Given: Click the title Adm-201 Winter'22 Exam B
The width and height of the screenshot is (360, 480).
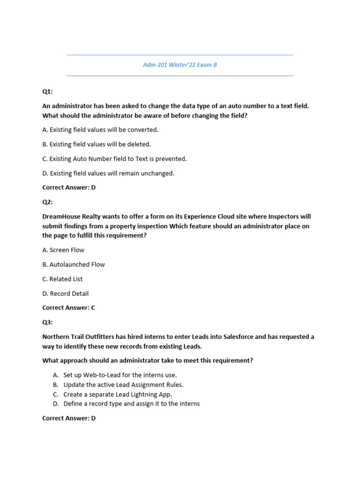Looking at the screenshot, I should [180, 65].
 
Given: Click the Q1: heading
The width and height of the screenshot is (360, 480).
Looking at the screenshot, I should [48, 91].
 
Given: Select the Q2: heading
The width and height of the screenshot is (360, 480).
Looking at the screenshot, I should [48, 202].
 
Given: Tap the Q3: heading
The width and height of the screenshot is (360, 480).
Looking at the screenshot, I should [48, 322].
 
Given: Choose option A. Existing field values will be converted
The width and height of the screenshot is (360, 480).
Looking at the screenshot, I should [100, 130].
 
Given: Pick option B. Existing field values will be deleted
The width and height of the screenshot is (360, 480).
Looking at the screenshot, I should [97, 144].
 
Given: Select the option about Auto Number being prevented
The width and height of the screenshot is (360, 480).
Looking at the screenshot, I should [114, 159].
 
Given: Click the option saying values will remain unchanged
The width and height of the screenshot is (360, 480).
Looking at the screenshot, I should [108, 173].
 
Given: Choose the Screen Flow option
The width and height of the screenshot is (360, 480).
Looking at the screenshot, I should [63, 250].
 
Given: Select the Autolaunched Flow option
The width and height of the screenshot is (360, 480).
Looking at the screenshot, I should [74, 265].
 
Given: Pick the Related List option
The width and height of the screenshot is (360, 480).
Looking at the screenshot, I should [62, 279].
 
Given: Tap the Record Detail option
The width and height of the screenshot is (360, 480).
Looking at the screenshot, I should [65, 294].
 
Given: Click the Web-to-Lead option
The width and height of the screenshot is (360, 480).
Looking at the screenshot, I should [120, 375].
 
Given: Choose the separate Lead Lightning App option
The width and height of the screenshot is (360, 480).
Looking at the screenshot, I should [118, 394].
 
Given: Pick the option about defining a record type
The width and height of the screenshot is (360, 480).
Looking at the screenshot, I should [131, 404].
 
